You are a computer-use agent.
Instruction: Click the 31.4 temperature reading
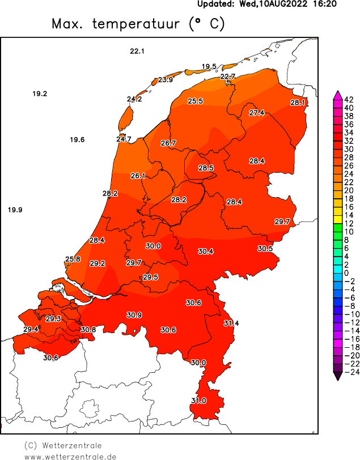(x=231, y=323)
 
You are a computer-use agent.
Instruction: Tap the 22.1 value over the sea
(x=137, y=52)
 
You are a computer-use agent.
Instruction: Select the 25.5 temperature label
(x=196, y=101)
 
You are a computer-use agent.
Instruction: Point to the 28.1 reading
(x=298, y=103)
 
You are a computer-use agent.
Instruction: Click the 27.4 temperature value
(x=257, y=113)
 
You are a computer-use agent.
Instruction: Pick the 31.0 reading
(x=198, y=401)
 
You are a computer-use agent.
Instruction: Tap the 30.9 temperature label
(x=134, y=315)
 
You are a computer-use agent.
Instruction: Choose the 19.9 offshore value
(x=15, y=211)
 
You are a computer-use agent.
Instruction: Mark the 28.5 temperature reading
(x=206, y=168)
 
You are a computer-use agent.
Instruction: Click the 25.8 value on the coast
(x=73, y=259)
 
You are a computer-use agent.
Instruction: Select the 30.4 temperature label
(x=206, y=252)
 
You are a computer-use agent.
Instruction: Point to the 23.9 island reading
(x=166, y=80)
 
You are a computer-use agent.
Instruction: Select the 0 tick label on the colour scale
(x=346, y=274)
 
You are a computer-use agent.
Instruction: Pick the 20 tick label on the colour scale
(x=349, y=190)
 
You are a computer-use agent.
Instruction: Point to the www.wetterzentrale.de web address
(x=70, y=456)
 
